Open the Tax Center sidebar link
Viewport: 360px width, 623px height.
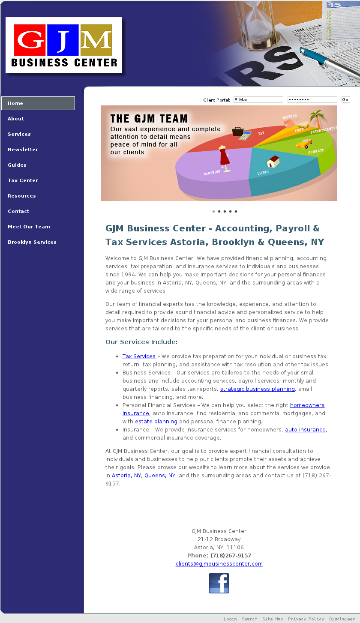point(23,180)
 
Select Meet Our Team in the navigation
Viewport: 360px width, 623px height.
point(29,227)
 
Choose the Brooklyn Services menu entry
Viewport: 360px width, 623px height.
point(32,242)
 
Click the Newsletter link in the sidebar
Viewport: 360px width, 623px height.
point(23,150)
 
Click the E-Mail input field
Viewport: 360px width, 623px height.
point(258,100)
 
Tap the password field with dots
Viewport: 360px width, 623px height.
point(312,100)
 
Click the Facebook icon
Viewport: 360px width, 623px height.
point(219,583)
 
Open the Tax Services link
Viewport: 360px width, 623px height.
point(139,356)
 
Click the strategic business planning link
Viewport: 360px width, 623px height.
point(257,389)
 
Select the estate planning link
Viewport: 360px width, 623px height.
point(156,422)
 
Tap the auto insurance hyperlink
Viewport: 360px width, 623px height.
point(305,430)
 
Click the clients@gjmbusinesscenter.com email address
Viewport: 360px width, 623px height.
point(219,564)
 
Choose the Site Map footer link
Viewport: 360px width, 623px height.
point(273,619)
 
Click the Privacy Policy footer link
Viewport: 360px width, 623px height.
point(306,619)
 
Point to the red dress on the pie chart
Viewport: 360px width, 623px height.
point(224,156)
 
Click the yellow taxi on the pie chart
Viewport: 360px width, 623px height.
point(304,144)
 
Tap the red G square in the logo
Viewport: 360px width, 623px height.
point(30,40)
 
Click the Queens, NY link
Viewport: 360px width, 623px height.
point(160,476)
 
